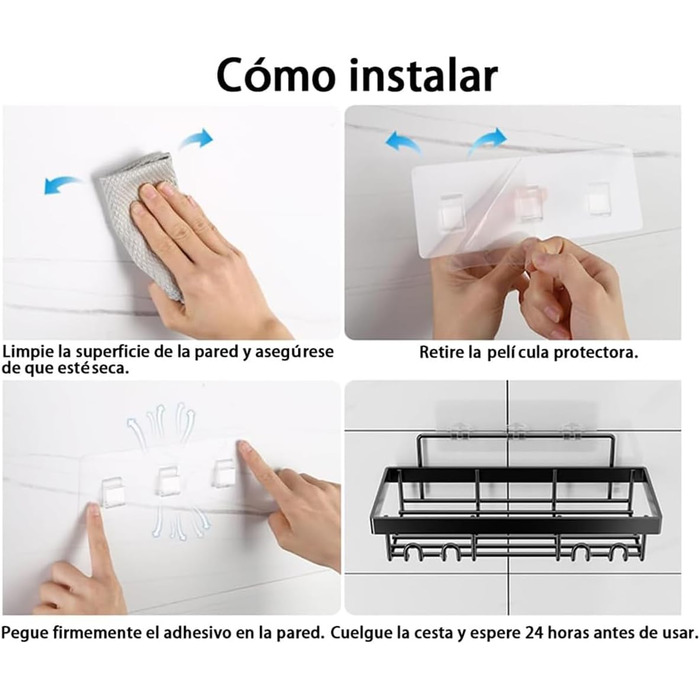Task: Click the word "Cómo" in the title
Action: [275, 75]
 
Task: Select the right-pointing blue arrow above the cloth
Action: [196, 139]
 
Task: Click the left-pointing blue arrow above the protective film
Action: [403, 142]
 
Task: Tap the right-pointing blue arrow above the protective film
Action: [488, 140]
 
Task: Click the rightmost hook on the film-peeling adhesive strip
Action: [597, 198]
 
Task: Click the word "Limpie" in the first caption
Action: [28, 352]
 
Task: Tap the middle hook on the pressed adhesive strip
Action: [167, 481]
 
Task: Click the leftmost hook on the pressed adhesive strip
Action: [113, 492]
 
